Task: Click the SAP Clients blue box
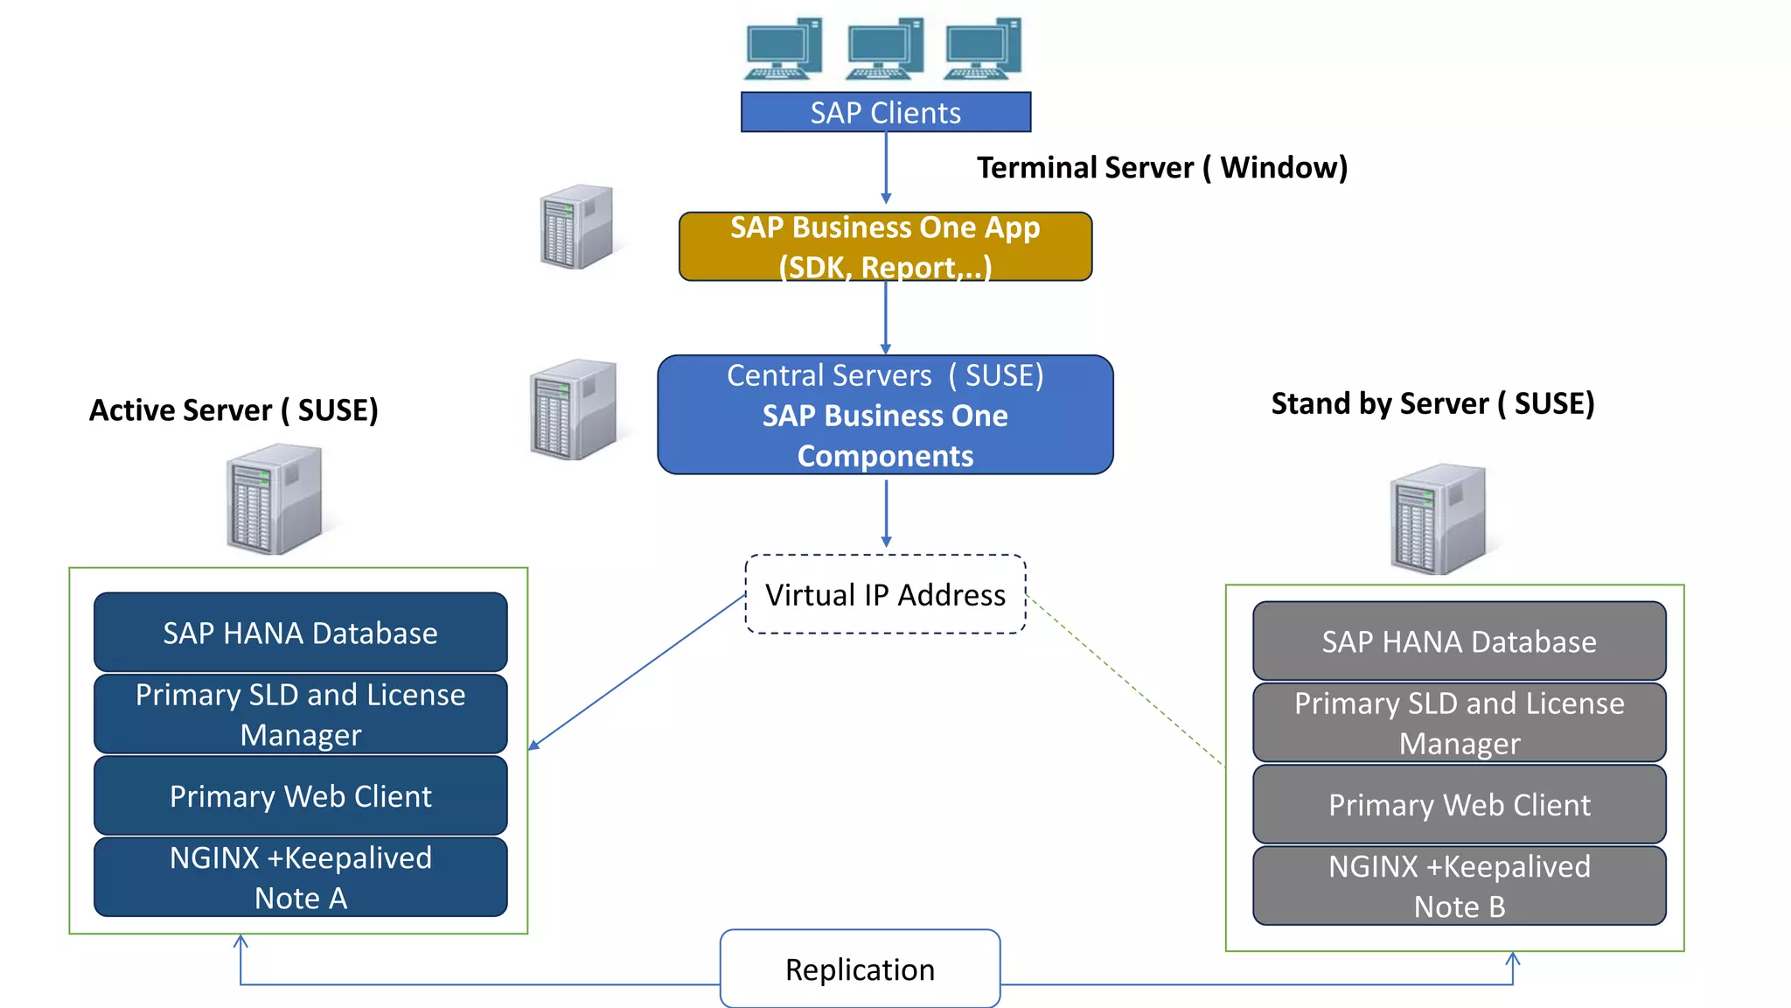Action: coord(885,112)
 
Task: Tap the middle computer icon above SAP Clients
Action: coord(885,48)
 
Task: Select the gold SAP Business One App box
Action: coord(885,246)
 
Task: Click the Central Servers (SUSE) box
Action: coord(885,415)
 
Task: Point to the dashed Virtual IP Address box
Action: coord(885,594)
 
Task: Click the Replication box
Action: coord(860,969)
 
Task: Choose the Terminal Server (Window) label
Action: coord(1161,167)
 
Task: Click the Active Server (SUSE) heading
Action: coord(233,409)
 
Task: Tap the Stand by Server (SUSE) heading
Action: coord(1432,403)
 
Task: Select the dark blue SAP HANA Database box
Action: coord(300,633)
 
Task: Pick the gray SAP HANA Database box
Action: coord(1459,641)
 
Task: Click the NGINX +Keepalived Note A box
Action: coord(300,877)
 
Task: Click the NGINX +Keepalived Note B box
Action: coord(1459,885)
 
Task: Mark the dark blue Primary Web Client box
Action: coord(300,795)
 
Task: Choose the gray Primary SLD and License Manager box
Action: coord(1459,723)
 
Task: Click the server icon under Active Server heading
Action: coord(274,499)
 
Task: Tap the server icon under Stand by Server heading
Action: coord(1438,518)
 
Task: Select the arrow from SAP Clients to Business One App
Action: coord(886,168)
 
